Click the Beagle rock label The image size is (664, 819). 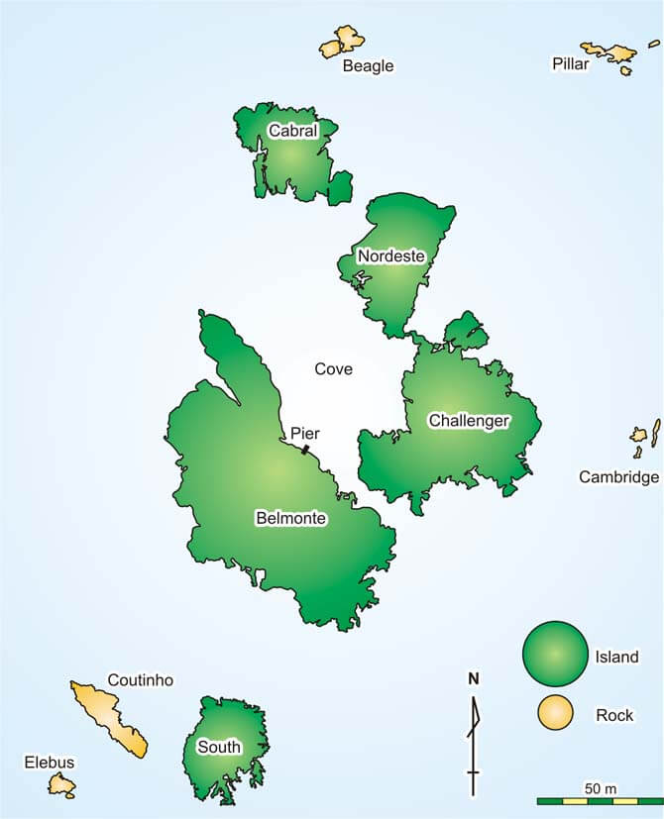[x=368, y=66]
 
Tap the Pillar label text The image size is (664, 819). [x=570, y=64]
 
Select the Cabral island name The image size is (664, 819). [x=292, y=131]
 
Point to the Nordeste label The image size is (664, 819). [x=391, y=256]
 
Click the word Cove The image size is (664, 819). [x=333, y=369]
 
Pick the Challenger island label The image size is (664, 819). [x=469, y=421]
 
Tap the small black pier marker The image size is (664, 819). [x=306, y=450]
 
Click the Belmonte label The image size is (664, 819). [x=290, y=518]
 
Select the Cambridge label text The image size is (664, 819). [x=618, y=477]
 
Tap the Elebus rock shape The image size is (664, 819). [x=62, y=785]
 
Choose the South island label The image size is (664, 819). [x=219, y=747]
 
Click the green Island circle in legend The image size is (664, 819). [x=555, y=654]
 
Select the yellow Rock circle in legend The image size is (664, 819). [x=555, y=713]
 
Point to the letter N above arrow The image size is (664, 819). [x=474, y=678]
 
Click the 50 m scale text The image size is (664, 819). [x=601, y=788]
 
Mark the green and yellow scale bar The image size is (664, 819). [x=600, y=800]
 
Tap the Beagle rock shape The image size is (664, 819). [x=343, y=43]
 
